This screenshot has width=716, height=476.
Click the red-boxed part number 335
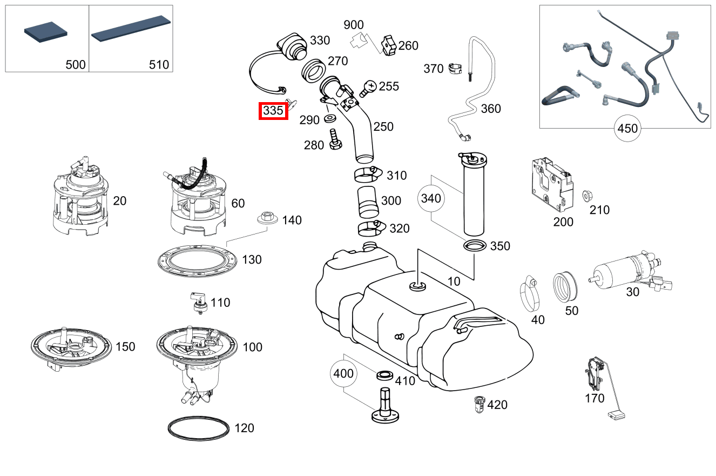pos(273,111)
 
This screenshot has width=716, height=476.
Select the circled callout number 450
pos(627,129)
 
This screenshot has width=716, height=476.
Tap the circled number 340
pos(431,198)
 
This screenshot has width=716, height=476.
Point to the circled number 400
pos(343,373)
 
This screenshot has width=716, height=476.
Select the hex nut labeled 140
pos(266,218)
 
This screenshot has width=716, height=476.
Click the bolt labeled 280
pos(334,140)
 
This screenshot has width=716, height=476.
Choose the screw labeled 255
pos(369,87)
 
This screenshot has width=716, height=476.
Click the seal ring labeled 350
pos(475,246)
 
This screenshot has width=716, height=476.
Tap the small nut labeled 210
pos(586,196)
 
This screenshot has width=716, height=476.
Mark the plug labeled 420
pos(478,404)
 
